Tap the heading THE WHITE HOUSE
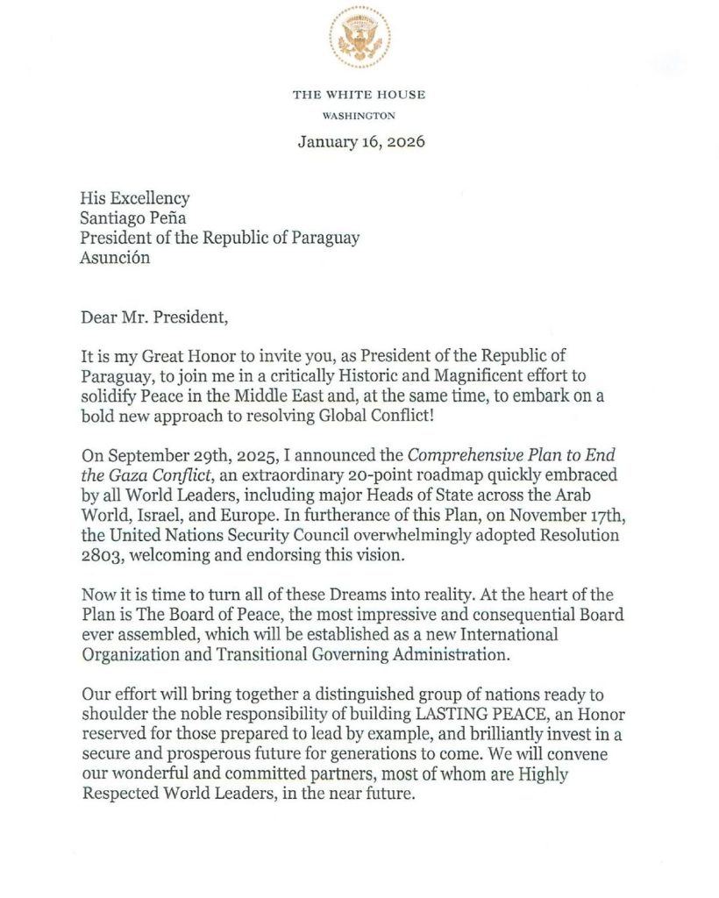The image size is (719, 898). [x=359, y=95]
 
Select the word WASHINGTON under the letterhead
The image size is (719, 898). [x=359, y=115]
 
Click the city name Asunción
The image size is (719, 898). [x=114, y=257]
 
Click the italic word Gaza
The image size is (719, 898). [x=132, y=474]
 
